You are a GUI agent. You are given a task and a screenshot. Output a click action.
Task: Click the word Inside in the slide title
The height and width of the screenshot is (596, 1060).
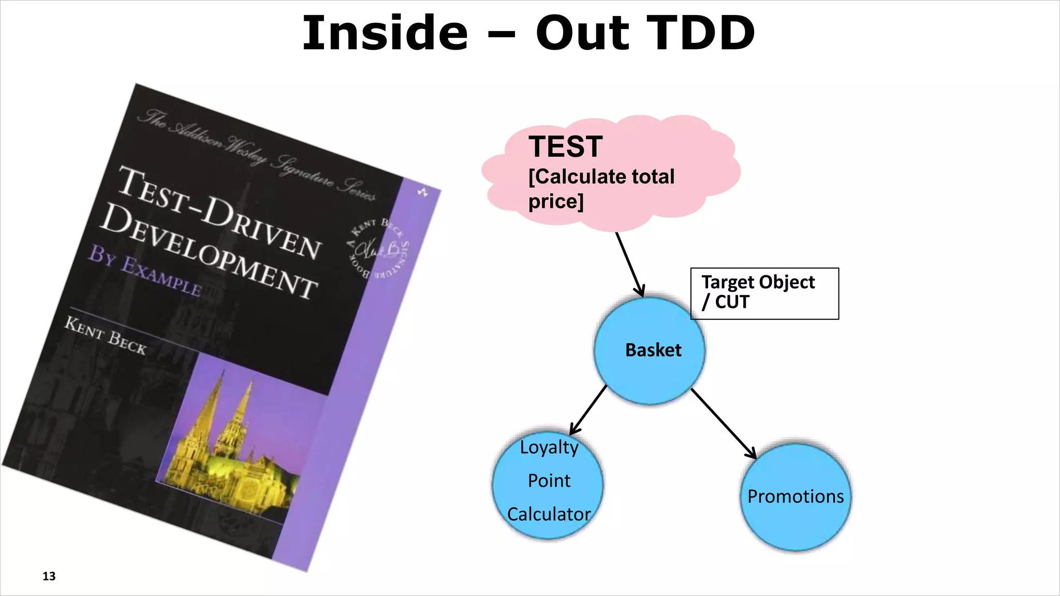click(385, 33)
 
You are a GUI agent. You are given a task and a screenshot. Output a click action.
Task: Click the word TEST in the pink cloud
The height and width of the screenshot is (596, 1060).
click(565, 147)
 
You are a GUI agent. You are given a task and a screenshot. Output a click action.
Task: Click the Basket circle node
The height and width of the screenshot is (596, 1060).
click(650, 351)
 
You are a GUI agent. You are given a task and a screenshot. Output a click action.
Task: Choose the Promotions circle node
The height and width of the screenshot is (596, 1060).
click(796, 497)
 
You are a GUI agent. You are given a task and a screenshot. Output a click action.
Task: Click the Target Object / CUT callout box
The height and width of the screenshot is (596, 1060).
click(764, 293)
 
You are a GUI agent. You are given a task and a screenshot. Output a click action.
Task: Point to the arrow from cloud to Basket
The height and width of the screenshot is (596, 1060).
click(629, 264)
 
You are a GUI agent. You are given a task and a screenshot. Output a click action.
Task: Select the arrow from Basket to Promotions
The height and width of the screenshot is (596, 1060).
click(723, 423)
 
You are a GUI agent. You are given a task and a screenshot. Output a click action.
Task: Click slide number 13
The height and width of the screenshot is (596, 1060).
click(49, 576)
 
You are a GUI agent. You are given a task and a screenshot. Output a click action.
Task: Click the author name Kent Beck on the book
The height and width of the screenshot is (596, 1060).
click(106, 336)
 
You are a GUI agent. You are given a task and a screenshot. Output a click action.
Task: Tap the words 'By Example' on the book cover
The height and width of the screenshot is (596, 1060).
click(144, 270)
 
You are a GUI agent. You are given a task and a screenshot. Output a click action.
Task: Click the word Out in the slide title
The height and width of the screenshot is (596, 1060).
click(582, 33)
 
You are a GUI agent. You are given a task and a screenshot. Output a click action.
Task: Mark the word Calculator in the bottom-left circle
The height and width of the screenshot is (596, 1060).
click(549, 514)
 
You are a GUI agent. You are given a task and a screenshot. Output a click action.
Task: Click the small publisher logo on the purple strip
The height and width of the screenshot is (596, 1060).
click(423, 192)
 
